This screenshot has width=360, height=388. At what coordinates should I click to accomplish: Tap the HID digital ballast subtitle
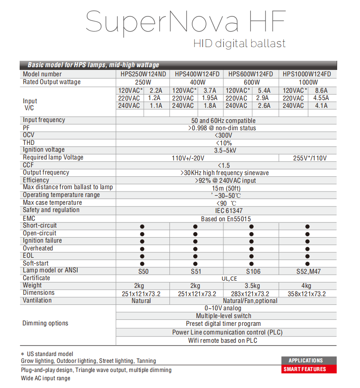coord(239,44)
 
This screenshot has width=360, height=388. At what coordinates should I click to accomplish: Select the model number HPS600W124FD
coord(250,74)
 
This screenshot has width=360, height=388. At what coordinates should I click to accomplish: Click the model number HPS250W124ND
coord(143,74)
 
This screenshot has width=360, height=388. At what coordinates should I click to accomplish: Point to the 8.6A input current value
coord(321,90)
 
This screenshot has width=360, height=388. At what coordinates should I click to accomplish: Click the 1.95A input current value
coord(209,98)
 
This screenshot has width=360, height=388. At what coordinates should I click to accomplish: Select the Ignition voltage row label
coord(44,150)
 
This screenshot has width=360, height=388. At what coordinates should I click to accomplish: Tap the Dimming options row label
coord(45,323)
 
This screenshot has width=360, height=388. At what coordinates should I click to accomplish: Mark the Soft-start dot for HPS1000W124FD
coord(307,264)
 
